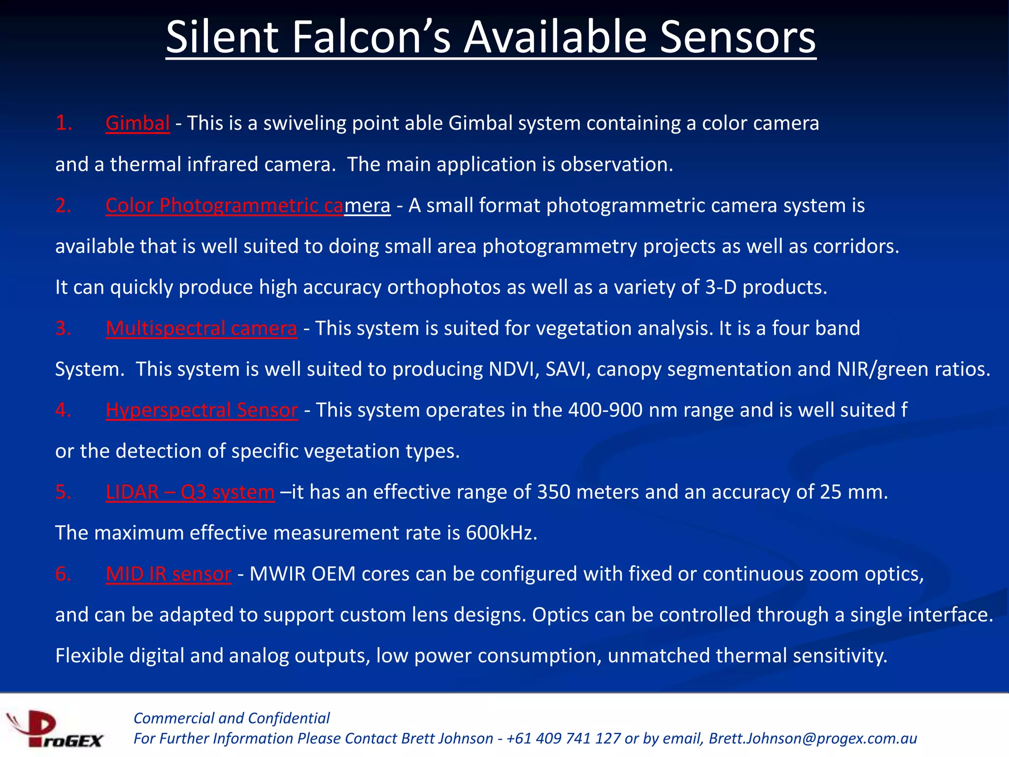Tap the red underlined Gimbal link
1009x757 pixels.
point(137,123)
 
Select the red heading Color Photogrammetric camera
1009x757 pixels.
point(248,206)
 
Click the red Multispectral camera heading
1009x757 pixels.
point(202,328)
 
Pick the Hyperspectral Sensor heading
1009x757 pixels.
point(202,410)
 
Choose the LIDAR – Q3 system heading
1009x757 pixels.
point(190,492)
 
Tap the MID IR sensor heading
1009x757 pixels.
point(168,574)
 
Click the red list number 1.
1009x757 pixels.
point(64,123)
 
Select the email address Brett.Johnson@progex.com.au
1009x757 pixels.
point(813,738)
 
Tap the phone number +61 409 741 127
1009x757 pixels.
point(564,738)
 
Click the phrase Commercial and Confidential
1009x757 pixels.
point(232,718)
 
